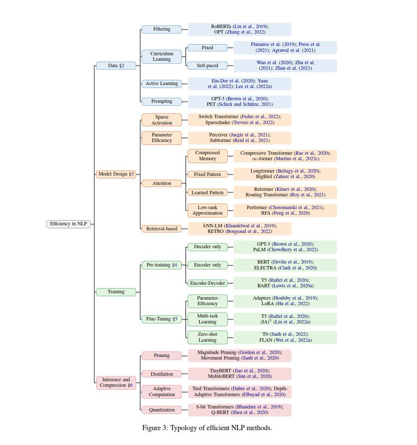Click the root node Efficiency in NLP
(69, 224)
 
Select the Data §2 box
(116, 65)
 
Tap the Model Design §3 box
(116, 174)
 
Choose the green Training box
(116, 292)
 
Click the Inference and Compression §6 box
(116, 382)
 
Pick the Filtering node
(161, 29)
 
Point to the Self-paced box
(207, 65)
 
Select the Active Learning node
(161, 84)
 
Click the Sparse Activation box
(161, 120)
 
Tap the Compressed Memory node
(207, 156)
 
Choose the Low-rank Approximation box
(207, 210)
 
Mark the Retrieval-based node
(161, 228)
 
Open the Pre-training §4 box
(161, 265)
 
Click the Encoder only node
(207, 265)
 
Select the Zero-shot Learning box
(207, 337)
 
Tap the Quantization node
(161, 409)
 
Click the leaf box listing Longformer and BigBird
(285, 174)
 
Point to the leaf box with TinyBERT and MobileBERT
(240, 373)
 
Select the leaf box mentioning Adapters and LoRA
(285, 301)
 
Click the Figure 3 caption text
(207, 428)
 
